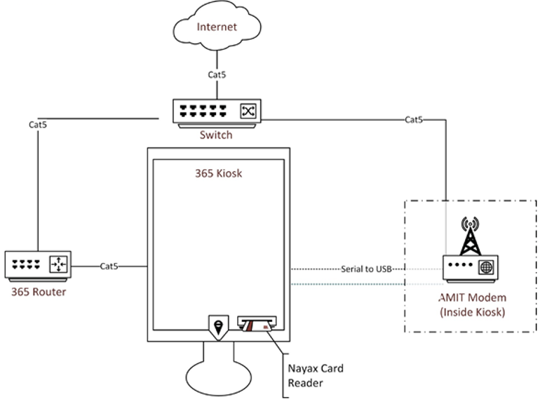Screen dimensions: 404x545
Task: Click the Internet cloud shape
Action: click(217, 27)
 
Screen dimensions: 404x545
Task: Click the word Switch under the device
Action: click(216, 135)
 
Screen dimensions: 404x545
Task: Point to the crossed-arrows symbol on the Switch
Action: click(248, 111)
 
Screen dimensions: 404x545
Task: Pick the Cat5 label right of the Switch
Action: click(414, 120)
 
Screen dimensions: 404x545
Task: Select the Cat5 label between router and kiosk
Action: click(109, 267)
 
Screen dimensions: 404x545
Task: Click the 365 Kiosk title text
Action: click(218, 173)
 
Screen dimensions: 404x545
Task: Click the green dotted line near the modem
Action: click(351, 284)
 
